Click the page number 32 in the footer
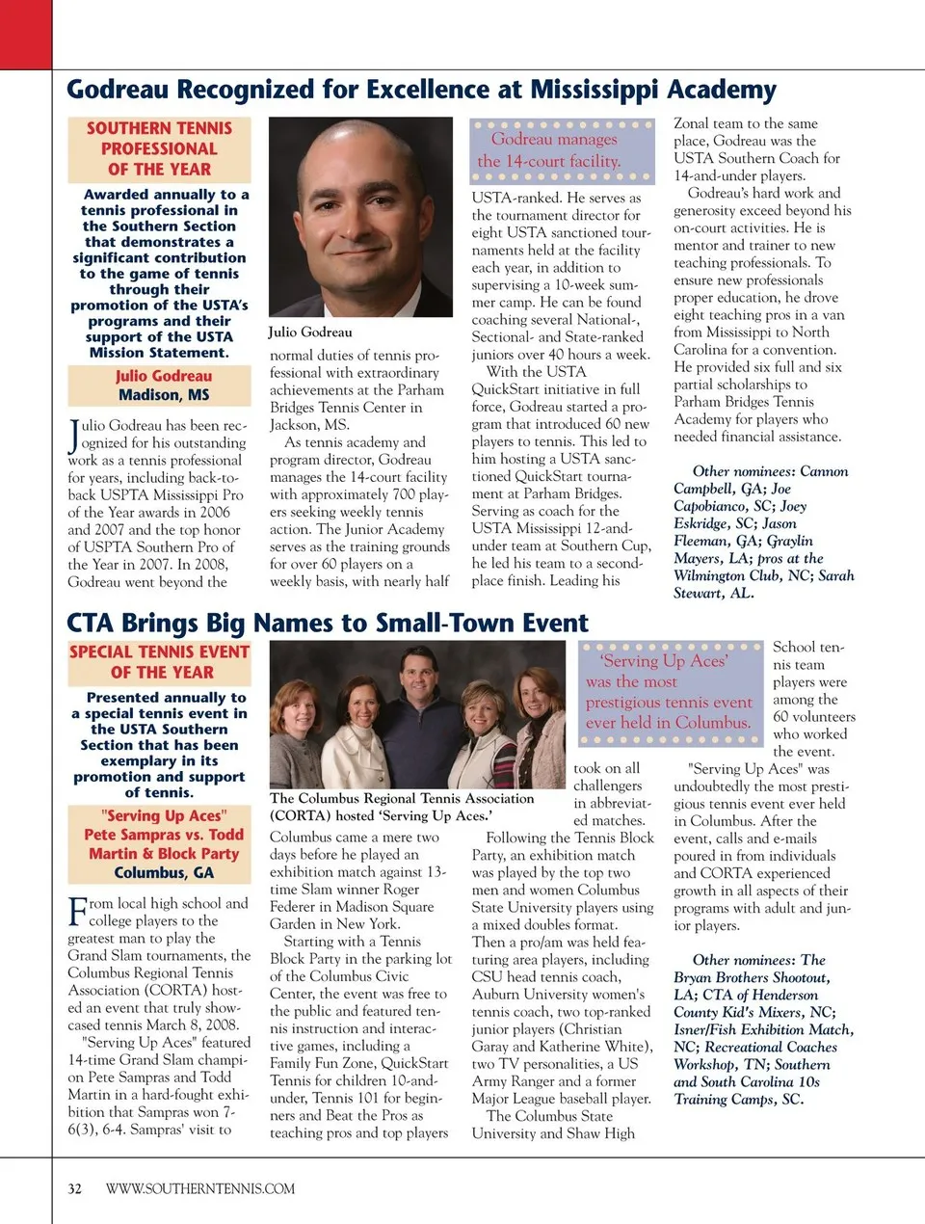click(74, 1188)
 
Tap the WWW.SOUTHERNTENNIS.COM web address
click(200, 1188)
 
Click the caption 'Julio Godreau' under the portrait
click(310, 333)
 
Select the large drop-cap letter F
click(77, 911)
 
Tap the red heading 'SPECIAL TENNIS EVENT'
click(159, 652)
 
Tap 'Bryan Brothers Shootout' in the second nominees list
click(751, 977)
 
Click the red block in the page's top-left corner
click(25, 34)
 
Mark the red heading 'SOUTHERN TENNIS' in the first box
click(159, 128)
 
